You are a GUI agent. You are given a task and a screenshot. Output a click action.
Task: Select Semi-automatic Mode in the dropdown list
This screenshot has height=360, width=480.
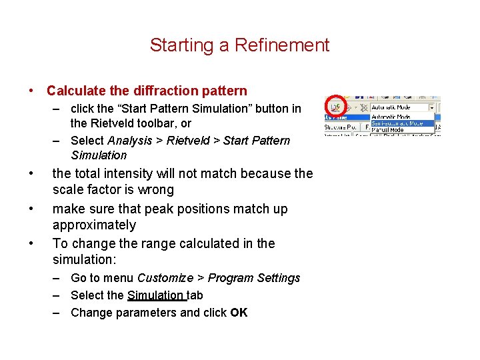[x=397, y=123]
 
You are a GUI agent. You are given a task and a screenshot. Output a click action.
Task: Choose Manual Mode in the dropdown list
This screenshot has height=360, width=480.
[x=388, y=129]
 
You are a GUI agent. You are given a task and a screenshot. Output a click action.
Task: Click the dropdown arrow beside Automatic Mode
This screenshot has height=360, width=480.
[x=431, y=107]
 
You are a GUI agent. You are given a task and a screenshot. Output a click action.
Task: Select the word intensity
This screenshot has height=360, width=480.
[x=129, y=173]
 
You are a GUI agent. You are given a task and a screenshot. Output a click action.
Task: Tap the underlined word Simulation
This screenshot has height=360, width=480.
[x=155, y=295]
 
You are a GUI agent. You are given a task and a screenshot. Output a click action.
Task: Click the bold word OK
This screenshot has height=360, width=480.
[x=239, y=312]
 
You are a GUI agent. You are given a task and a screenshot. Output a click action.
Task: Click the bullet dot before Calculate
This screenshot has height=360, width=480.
[x=32, y=91]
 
